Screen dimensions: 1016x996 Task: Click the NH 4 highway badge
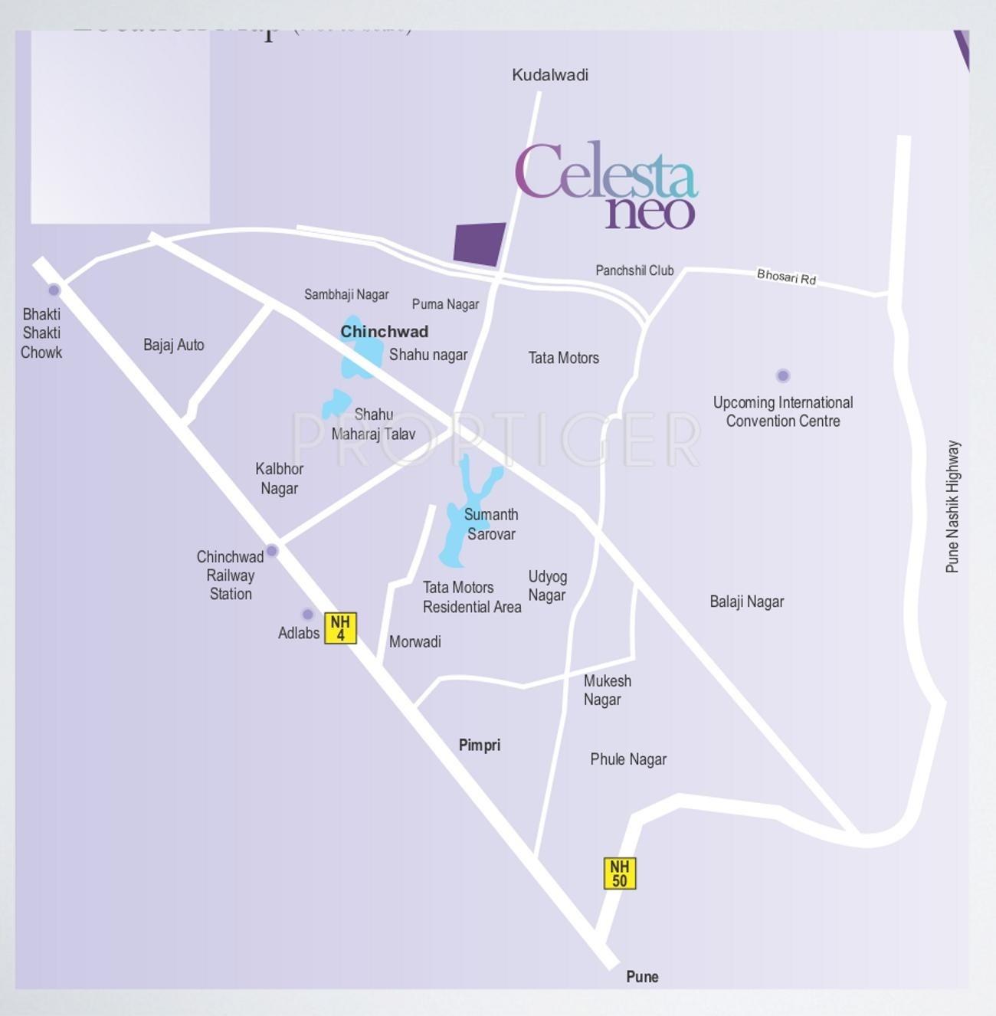[x=340, y=628]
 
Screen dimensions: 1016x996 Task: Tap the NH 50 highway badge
[x=619, y=873]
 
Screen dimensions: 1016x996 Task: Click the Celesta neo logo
[x=606, y=185]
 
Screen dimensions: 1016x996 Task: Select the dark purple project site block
[x=480, y=244]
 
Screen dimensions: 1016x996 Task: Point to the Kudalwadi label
[x=550, y=75]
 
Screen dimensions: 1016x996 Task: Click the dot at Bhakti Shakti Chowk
[x=54, y=290]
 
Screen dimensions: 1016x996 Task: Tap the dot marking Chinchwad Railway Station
[x=272, y=550]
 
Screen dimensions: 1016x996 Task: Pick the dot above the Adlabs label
[x=307, y=614]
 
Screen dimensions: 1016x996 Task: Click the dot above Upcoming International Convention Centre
[x=782, y=375]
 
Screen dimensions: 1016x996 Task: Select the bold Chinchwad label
[x=384, y=332]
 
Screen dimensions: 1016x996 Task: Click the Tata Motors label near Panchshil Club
[x=563, y=358]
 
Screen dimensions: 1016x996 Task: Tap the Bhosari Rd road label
[x=786, y=277]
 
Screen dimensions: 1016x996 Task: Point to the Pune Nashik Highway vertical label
[x=952, y=506]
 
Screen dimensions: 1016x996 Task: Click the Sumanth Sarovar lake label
[x=491, y=524]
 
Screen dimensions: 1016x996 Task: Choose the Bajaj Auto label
[x=174, y=345]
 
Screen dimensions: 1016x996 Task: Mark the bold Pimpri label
[x=479, y=745]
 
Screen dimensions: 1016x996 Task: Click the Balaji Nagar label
[x=746, y=601]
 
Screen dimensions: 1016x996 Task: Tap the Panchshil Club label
[x=634, y=270]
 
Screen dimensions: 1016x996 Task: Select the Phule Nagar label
[x=627, y=759]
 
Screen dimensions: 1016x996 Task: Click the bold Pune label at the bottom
[x=642, y=976]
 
